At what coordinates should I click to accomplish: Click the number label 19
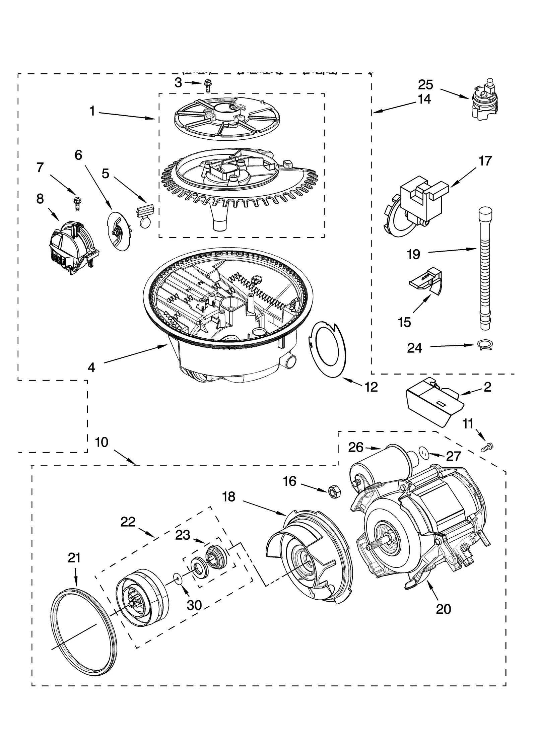pyautogui.click(x=413, y=254)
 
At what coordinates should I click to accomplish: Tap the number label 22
pyautogui.click(x=128, y=522)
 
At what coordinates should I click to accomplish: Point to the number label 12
pyautogui.click(x=371, y=387)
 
